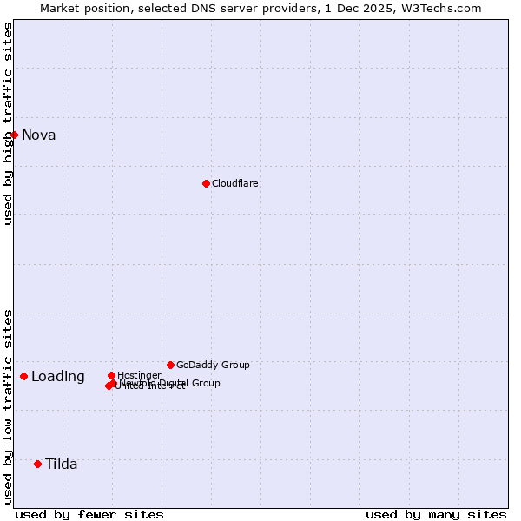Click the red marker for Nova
tap(14, 135)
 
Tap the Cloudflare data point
tap(206, 183)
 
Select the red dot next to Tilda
tap(37, 464)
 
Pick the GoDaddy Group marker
tap(170, 365)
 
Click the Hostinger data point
tap(111, 375)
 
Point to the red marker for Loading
tap(23, 376)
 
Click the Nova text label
tap(38, 135)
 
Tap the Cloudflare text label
tap(234, 183)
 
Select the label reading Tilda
tap(61, 464)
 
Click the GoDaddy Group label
tap(213, 365)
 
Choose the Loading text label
tap(57, 376)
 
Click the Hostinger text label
tap(139, 375)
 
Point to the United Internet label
tap(150, 386)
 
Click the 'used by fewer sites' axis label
tap(89, 514)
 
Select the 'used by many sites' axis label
tap(436, 514)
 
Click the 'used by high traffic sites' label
tap(8, 123)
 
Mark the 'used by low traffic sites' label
tap(8, 406)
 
